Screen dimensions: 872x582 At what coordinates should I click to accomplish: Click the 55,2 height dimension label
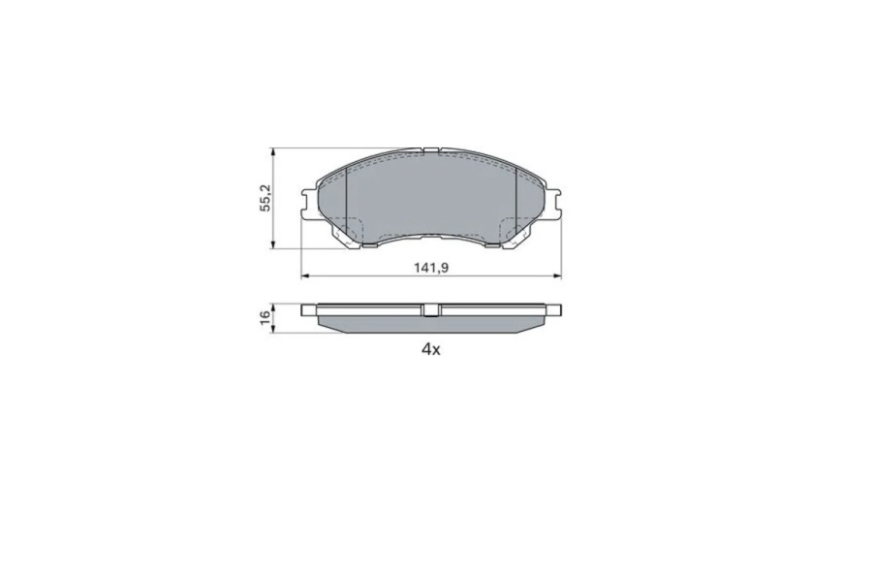point(265,197)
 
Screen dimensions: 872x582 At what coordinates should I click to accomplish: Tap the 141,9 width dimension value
point(431,268)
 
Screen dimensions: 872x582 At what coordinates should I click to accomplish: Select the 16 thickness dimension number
point(265,314)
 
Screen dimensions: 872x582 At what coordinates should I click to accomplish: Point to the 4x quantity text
point(431,350)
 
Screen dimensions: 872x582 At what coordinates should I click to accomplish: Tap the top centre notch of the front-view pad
point(431,150)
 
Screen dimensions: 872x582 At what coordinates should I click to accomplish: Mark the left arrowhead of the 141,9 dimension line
point(304,275)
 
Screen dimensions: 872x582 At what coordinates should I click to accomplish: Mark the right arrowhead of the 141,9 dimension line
point(558,275)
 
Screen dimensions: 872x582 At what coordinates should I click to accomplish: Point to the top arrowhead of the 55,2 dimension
point(272,151)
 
